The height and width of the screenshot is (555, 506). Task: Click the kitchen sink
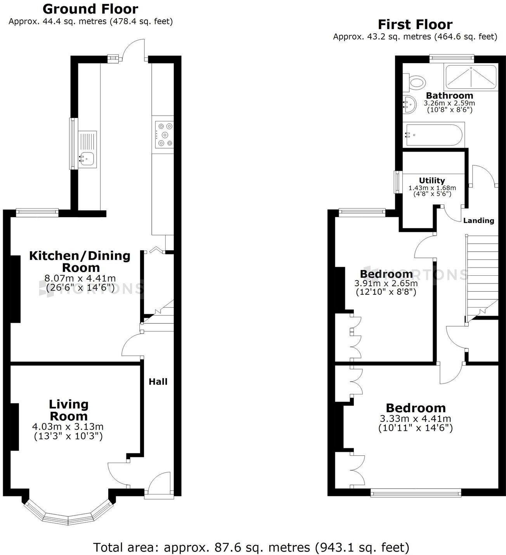[87, 150]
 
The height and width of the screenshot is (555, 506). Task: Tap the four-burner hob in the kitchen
[165, 135]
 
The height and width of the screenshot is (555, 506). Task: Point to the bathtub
[433, 135]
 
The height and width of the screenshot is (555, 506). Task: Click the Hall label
[158, 382]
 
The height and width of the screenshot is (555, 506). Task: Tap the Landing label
[478, 221]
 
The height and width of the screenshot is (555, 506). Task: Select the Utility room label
[432, 180]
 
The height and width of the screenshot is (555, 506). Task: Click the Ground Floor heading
[90, 9]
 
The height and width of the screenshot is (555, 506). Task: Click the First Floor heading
[415, 24]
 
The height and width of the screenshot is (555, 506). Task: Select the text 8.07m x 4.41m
[80, 278]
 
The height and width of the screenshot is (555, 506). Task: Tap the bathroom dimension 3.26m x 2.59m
[449, 103]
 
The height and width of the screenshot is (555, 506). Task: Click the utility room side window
[397, 182]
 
